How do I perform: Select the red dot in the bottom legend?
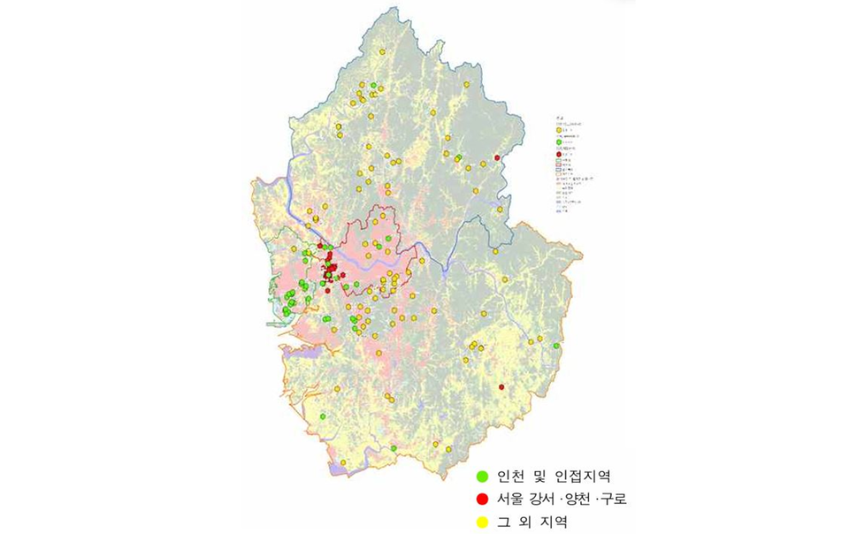coord(482,499)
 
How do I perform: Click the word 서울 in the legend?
coord(510,499)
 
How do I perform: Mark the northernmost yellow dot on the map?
coord(382,53)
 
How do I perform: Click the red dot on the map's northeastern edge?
coord(498,157)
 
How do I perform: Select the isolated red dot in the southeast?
coord(501,387)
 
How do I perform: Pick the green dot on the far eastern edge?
coord(556,346)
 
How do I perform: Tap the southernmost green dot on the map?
coord(394,448)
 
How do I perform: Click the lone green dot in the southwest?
coord(323,416)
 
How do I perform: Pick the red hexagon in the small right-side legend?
coord(560,154)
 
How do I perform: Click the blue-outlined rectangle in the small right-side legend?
coord(560,171)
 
